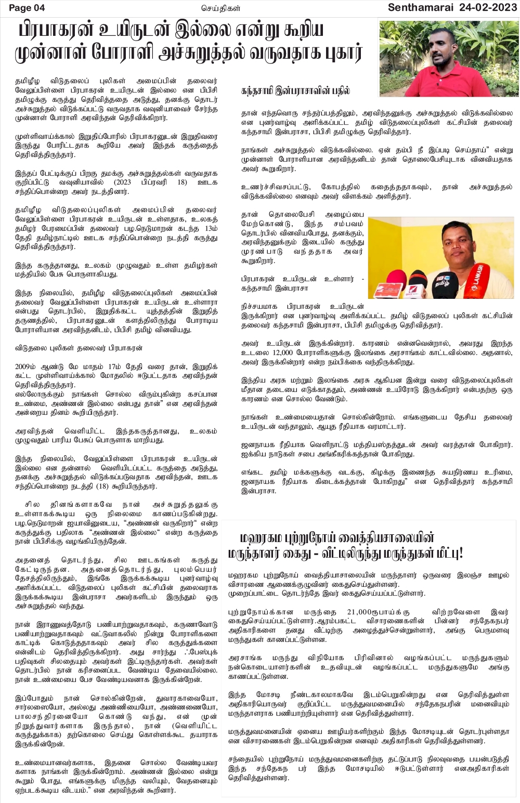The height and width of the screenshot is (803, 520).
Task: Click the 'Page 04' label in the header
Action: pos(27,7)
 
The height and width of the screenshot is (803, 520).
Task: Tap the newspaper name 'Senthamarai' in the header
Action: pos(418,7)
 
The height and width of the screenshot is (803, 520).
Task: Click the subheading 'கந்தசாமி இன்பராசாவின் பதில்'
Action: pos(295,90)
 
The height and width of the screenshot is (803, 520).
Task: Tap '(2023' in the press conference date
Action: pos(137,182)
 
